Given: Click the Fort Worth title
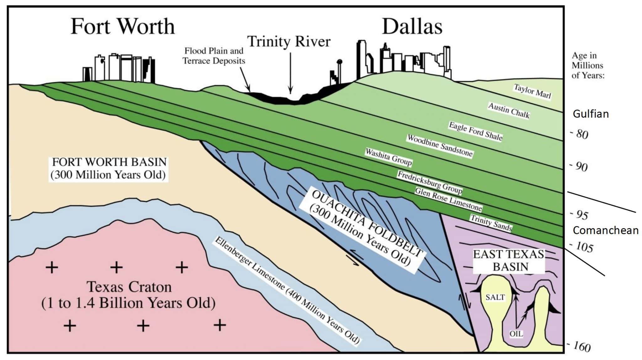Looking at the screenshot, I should click(123, 26).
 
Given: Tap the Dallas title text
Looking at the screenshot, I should click(412, 26).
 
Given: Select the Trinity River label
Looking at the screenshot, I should click(289, 42).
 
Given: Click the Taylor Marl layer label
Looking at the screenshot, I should click(532, 91).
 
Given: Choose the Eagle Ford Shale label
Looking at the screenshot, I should click(476, 131).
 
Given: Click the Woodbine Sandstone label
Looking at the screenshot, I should click(439, 146).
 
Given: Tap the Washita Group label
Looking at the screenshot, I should click(388, 157).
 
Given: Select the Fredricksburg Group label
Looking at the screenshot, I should click(430, 183).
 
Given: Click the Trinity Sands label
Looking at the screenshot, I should click(491, 222).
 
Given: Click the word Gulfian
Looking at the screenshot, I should click(591, 114).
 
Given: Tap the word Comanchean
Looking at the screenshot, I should click(605, 230).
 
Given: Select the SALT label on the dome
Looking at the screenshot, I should click(495, 297).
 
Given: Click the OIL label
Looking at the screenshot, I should click(516, 334).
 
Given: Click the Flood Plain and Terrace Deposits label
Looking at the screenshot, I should click(213, 56).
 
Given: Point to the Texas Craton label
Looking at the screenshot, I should click(129, 295).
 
